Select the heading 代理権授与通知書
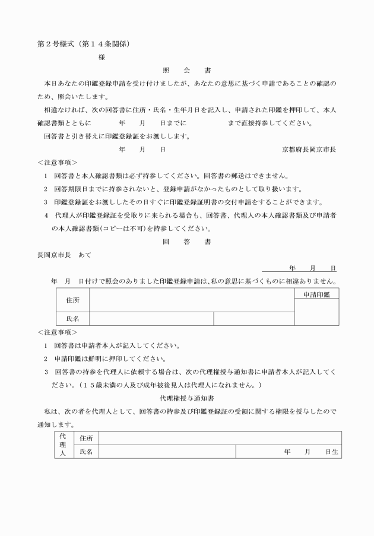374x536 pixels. tap(186, 398)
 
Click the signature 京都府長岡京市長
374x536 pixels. tap(309, 150)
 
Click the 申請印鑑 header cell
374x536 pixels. tap(317, 294)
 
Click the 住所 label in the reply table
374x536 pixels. tap(72, 300)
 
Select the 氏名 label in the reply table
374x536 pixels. tap(72, 319)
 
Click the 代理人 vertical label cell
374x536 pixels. tap(63, 444)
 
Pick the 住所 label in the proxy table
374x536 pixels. tap(84, 437)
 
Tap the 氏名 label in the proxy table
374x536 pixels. tap(84, 452)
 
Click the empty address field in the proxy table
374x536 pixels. tap(220, 437)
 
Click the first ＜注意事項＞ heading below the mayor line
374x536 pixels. tap(57, 162)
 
